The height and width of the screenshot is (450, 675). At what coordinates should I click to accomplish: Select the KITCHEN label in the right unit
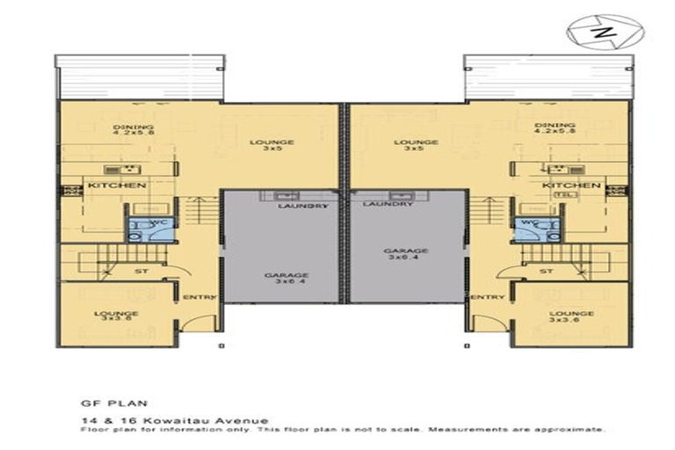click(x=570, y=186)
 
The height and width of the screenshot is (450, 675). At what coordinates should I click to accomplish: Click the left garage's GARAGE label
click(x=286, y=275)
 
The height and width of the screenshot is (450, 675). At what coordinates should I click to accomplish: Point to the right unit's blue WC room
click(x=534, y=229)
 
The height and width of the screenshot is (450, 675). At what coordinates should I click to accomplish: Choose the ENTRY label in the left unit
click(x=200, y=297)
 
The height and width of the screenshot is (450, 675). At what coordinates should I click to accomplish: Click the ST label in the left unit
click(x=141, y=272)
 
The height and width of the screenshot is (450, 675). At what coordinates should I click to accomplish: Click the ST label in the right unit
click(x=546, y=272)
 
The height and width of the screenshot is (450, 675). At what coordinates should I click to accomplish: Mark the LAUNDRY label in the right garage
click(x=388, y=204)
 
